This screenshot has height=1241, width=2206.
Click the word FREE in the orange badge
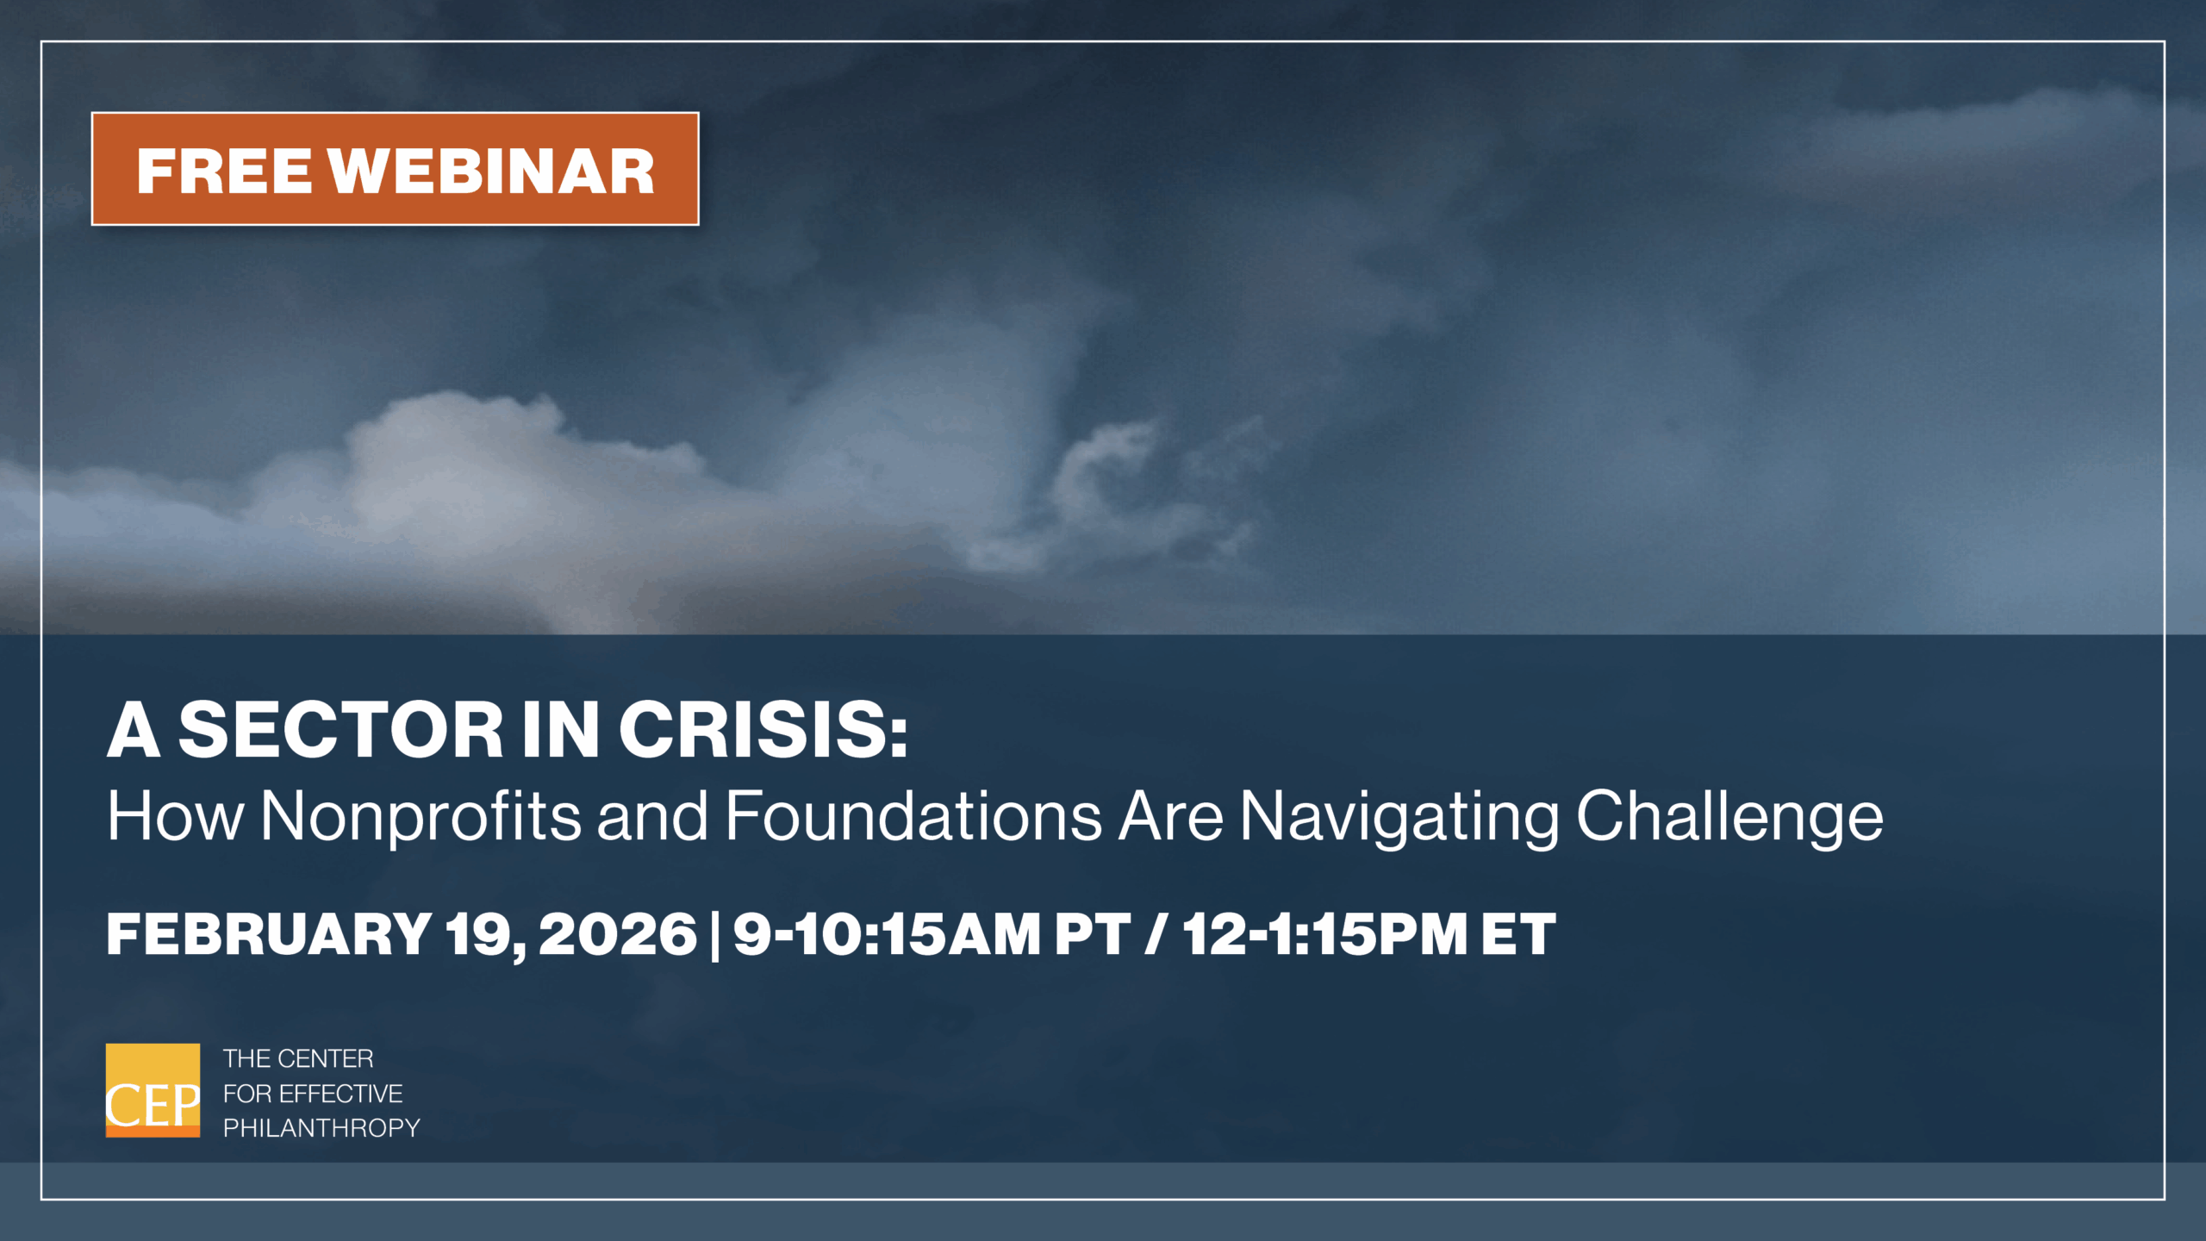(x=224, y=171)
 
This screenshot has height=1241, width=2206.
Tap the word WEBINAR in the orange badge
(x=492, y=171)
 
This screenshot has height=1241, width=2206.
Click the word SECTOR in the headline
(x=341, y=730)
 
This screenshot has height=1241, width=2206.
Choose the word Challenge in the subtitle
(x=1730, y=817)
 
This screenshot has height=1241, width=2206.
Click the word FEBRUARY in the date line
(x=269, y=934)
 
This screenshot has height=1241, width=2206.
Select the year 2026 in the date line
(x=618, y=934)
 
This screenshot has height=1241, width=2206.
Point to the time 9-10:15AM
(x=887, y=934)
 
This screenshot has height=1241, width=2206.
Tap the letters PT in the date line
(x=1093, y=934)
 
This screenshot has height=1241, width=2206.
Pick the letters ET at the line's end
(x=1518, y=934)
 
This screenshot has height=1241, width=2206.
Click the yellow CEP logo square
(x=153, y=1090)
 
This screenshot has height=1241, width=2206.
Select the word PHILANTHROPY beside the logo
(x=321, y=1128)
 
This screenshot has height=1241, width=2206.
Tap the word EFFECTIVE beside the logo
(x=341, y=1094)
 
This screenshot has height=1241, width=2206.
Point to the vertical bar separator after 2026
(x=715, y=936)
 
